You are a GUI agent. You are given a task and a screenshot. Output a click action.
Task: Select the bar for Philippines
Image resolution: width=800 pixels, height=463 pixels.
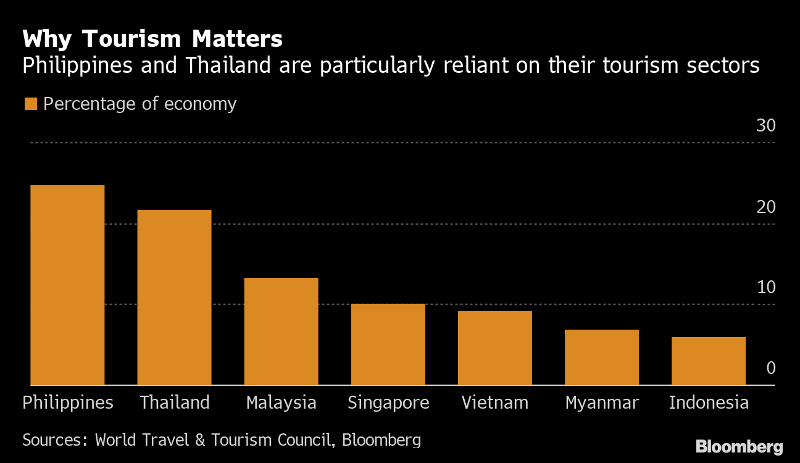point(67,285)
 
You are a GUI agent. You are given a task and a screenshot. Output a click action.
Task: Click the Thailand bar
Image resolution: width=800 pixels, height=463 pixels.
point(174,298)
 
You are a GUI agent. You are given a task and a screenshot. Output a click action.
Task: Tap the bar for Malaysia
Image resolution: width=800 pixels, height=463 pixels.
point(281,332)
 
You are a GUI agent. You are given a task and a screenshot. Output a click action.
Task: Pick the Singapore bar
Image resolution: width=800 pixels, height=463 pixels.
point(388,344)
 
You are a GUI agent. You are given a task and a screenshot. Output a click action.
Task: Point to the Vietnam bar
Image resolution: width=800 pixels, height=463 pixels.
point(494,348)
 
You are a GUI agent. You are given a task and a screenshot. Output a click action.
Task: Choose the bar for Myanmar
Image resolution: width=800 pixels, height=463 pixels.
point(601,357)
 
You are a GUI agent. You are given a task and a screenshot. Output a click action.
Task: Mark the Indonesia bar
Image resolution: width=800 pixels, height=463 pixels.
point(708,361)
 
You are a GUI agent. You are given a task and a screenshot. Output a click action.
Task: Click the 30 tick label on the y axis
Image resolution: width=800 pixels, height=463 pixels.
point(765,126)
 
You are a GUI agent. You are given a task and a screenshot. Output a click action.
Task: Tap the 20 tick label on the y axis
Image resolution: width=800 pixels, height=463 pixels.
point(765,207)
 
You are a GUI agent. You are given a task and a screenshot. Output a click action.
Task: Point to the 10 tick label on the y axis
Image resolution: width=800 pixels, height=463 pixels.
point(765,288)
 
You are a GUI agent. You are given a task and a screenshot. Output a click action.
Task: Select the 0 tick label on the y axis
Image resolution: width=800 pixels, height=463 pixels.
point(770,369)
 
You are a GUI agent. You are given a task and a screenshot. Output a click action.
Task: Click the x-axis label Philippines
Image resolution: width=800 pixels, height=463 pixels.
point(68,403)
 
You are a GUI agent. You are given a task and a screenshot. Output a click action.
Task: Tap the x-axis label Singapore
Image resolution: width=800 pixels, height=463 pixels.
point(388,403)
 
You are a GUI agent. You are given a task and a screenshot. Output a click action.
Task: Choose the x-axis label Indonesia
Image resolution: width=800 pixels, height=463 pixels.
point(709,403)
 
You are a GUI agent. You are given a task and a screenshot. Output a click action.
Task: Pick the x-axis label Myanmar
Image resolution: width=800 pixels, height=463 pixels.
point(602,403)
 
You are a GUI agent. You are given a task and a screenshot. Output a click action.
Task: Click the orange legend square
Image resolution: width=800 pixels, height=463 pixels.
point(30,104)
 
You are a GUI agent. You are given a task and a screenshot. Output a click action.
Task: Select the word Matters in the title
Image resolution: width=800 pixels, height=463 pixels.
point(237,40)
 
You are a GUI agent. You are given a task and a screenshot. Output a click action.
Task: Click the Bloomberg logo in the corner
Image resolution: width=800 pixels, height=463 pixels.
point(739,446)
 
